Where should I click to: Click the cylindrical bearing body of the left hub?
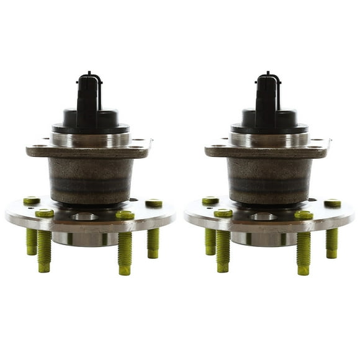89,180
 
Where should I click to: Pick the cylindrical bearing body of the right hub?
268,180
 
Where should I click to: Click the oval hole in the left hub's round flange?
84,217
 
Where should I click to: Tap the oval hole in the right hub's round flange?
263,217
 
